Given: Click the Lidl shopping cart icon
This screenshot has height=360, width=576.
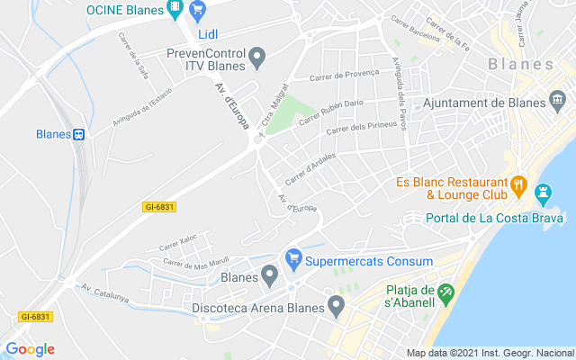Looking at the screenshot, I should pos(198,12).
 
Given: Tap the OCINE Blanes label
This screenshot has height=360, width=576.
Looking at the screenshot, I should pos(124,11).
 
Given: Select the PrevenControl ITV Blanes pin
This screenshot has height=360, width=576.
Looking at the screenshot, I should pos(256,59).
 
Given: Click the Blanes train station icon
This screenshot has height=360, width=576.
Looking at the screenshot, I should pos(79,134).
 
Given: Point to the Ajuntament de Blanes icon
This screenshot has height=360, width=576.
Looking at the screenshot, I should pos(559,97).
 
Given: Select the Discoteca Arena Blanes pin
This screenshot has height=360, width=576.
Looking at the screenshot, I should pos(336,306).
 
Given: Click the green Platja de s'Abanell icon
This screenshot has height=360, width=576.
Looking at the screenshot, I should pos(444,292).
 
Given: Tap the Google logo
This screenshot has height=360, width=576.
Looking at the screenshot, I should pos(30,349).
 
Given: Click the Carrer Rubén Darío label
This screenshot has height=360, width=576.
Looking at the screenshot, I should pos(330,109).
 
